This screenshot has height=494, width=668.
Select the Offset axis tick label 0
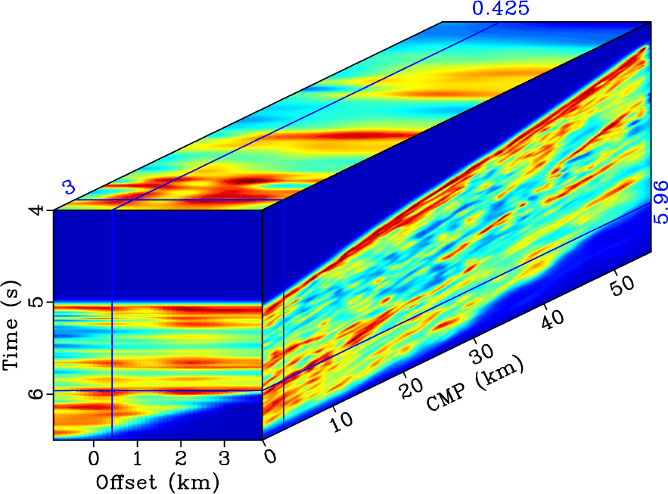click(94, 458)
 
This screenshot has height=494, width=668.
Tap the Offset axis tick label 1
click(137, 458)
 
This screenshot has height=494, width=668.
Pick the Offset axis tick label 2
click(180, 458)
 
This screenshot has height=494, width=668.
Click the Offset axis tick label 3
click(223, 458)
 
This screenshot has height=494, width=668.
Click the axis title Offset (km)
click(157, 481)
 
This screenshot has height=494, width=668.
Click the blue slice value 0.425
click(500, 9)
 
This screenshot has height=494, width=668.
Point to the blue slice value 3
click(69, 187)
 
